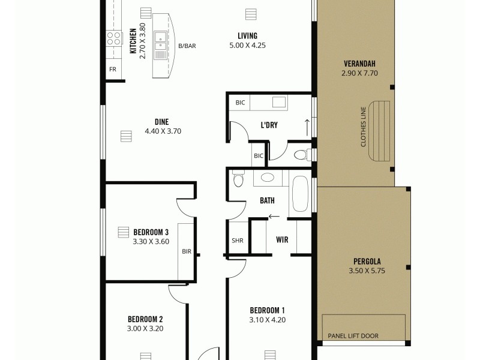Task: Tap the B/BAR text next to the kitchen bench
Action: pyautogui.click(x=187, y=46)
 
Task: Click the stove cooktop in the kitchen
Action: pyautogui.click(x=113, y=38)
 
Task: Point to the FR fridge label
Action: pyautogui.click(x=112, y=70)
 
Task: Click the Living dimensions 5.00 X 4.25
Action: pyautogui.click(x=247, y=46)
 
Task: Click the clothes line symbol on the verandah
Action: pyautogui.click(x=379, y=131)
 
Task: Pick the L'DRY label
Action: pyautogui.click(x=268, y=125)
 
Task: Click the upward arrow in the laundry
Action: pyautogui.click(x=307, y=127)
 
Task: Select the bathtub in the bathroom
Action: pyautogui.click(x=300, y=195)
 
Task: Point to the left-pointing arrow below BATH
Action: pyautogui.click(x=274, y=217)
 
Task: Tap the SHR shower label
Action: pyautogui.click(x=237, y=241)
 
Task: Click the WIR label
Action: pyautogui.click(x=282, y=240)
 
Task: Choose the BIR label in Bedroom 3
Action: pyautogui.click(x=187, y=251)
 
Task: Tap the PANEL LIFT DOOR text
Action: pyautogui.click(x=353, y=336)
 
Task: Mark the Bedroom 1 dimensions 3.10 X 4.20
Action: pyautogui.click(x=268, y=320)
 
